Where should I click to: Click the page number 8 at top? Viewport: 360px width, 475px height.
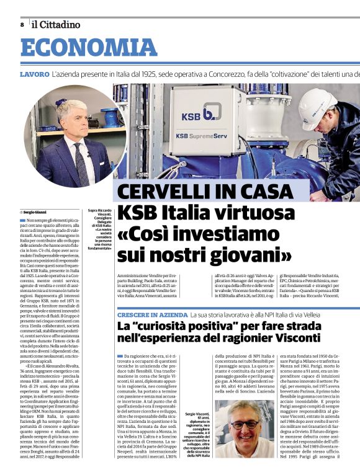coord(22,25)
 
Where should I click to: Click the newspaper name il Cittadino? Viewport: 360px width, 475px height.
coord(56,25)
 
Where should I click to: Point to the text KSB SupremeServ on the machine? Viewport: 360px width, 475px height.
coord(200,135)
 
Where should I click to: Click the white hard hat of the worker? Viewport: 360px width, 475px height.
coord(332,104)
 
